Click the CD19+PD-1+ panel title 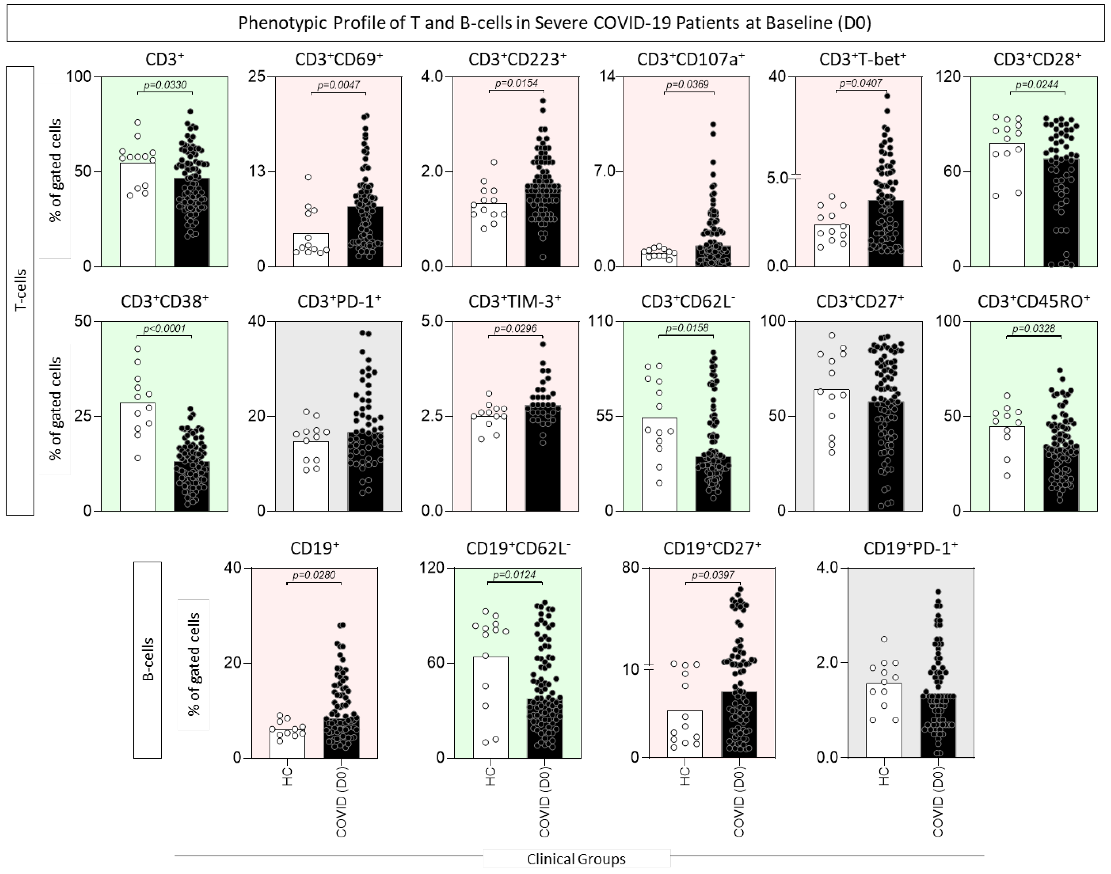[910, 549]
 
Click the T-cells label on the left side [20, 291]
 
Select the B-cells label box [147, 660]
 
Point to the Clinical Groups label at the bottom [576, 859]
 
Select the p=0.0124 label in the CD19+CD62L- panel [515, 575]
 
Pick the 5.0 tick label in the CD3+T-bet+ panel [778, 178]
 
